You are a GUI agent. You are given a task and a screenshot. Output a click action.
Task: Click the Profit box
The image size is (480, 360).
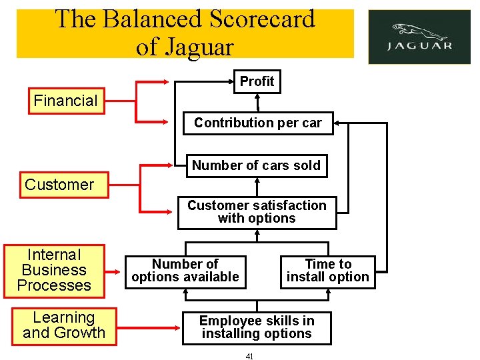pos(257,81)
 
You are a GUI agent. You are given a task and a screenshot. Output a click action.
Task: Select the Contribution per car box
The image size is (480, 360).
pos(257,123)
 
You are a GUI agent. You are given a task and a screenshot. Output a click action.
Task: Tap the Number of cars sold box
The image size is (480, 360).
pos(256,165)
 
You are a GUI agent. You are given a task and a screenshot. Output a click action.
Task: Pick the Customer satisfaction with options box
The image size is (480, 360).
pos(257,212)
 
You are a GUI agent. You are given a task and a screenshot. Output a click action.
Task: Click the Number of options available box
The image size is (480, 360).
pos(185,271)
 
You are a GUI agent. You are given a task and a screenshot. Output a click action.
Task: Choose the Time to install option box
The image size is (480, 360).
pos(327,271)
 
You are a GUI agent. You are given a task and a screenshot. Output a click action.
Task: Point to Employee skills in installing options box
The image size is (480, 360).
pos(257,327)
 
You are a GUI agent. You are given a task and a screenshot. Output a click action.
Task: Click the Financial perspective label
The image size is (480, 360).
pos(66,101)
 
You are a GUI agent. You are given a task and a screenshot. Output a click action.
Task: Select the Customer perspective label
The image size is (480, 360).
pos(60,185)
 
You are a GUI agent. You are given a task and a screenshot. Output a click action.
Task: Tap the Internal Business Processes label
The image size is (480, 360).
pos(54,270)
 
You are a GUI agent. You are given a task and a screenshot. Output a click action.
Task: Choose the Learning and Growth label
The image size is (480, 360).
pos(64,325)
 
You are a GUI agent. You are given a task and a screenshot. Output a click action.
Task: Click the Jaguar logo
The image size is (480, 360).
pos(419,37)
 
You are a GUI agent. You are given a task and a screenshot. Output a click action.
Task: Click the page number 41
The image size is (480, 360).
pos(249,357)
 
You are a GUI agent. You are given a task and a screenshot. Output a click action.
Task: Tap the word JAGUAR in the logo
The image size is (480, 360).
pos(420,46)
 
